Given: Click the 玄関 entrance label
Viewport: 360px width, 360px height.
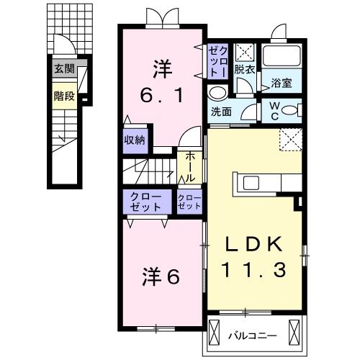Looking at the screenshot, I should pyautogui.click(x=63, y=69).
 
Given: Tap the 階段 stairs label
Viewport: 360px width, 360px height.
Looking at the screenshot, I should pyautogui.click(x=63, y=95).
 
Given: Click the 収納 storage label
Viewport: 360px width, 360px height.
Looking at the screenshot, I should pyautogui.click(x=135, y=140).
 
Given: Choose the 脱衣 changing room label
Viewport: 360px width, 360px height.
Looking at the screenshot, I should pyautogui.click(x=245, y=70).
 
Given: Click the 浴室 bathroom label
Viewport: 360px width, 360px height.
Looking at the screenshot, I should pyautogui.click(x=282, y=83).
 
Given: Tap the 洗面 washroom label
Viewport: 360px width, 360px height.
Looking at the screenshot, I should pyautogui.click(x=222, y=112).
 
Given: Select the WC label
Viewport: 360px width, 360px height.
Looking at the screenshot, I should pyautogui.click(x=275, y=110).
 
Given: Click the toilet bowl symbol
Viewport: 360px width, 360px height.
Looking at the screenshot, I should pyautogui.click(x=290, y=110).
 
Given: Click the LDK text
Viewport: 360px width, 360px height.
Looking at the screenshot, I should pyautogui.click(x=256, y=243).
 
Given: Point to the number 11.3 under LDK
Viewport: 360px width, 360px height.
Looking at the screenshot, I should pyautogui.click(x=256, y=270).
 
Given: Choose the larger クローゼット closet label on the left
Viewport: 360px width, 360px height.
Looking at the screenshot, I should pyautogui.click(x=146, y=201).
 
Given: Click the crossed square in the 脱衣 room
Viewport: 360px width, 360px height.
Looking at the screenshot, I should pyautogui.click(x=244, y=52).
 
